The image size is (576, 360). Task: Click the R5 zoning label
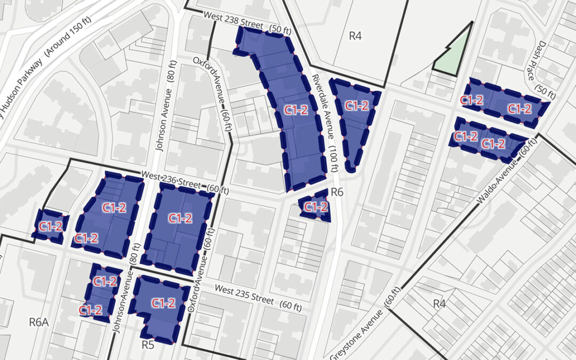pyautogui.click(x=148, y=345)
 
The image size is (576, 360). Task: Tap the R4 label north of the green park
pyautogui.click(x=355, y=36)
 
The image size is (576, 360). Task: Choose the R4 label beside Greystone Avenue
pyautogui.click(x=439, y=304)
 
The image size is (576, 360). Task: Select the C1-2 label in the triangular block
pyautogui.click(x=357, y=106)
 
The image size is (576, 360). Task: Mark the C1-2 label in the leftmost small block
pyautogui.click(x=51, y=226)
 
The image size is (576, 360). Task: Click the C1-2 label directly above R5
pyautogui.click(x=163, y=303)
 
